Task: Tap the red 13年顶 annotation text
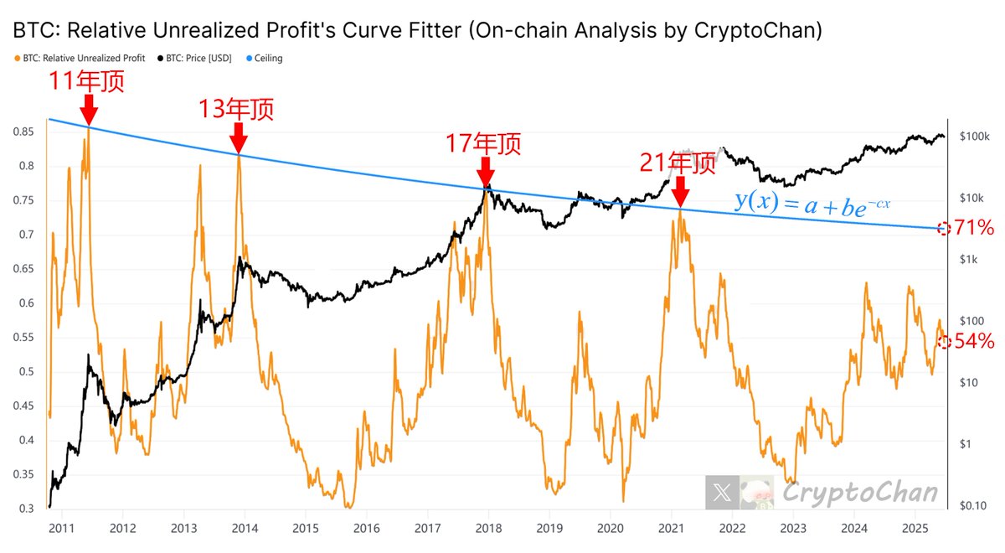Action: pyautogui.click(x=236, y=110)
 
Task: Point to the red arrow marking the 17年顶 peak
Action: pyautogui.click(x=484, y=172)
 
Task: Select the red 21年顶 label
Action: pyautogui.click(x=678, y=163)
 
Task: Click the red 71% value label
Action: pyautogui.click(x=973, y=227)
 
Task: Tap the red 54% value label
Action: pyautogui.click(x=973, y=341)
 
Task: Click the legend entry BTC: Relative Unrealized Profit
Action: pyautogui.click(x=80, y=59)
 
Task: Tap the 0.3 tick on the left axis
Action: pyautogui.click(x=28, y=509)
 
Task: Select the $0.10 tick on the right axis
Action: pyautogui.click(x=974, y=505)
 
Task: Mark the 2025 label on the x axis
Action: pyautogui.click(x=915, y=529)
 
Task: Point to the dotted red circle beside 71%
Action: pyautogui.click(x=944, y=228)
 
